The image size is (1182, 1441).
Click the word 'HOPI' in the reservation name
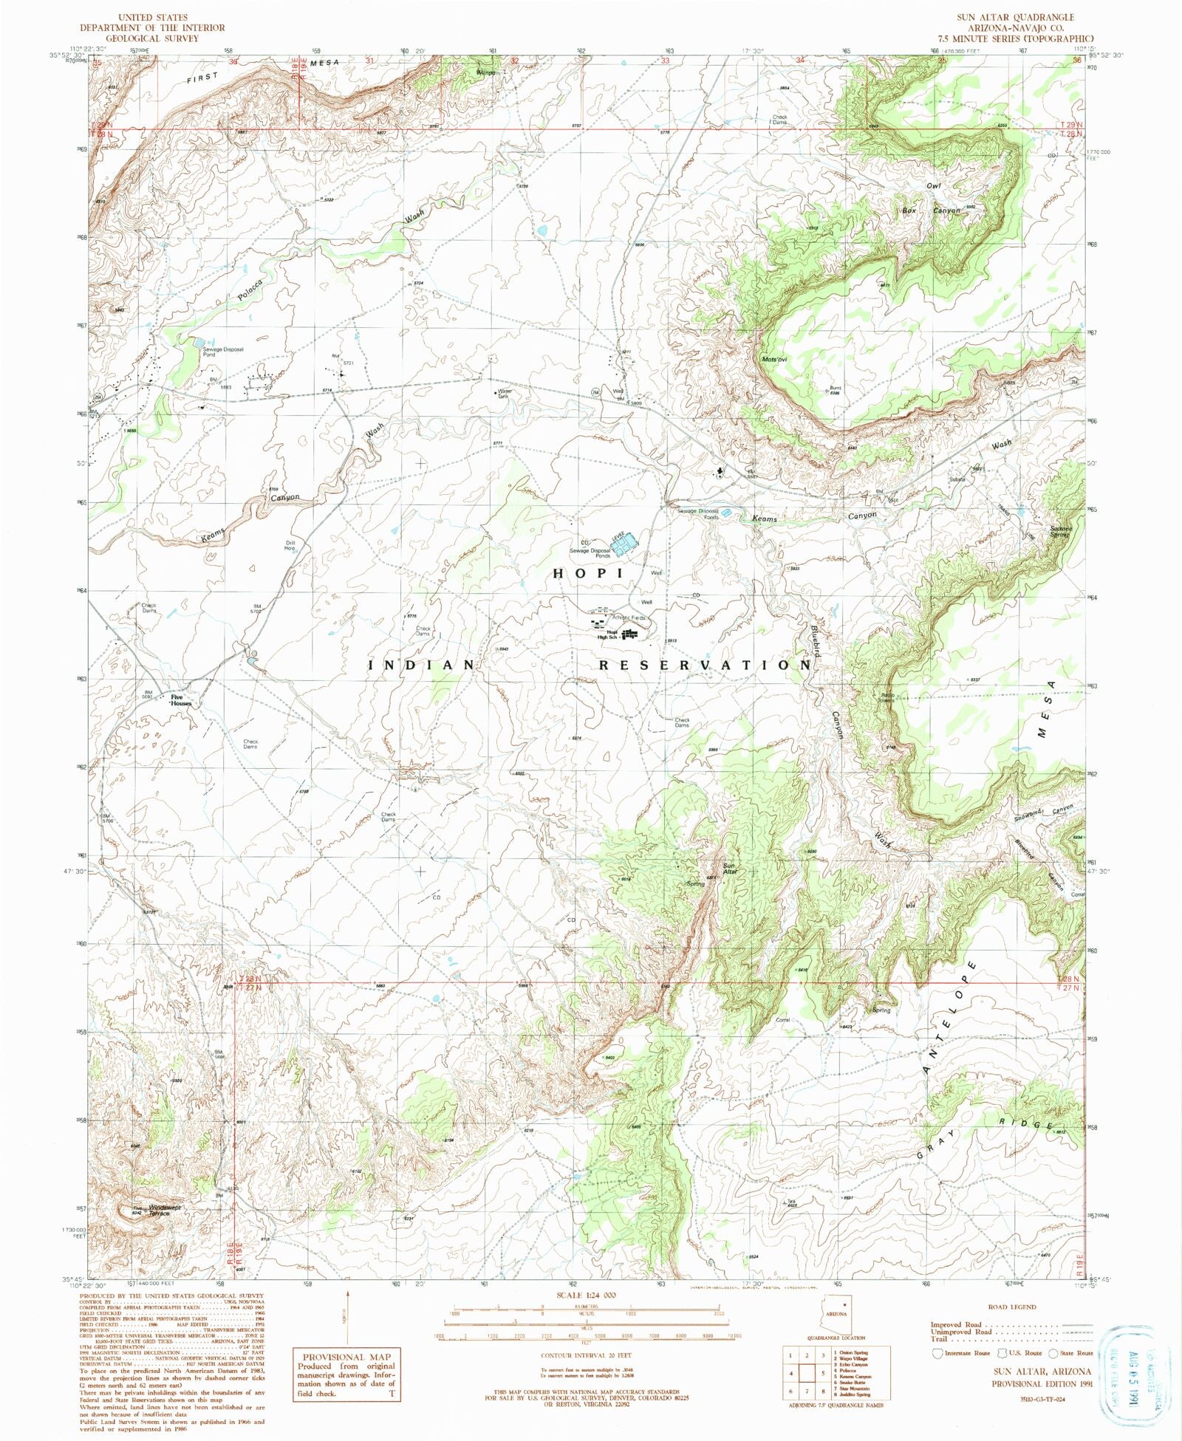[x=589, y=573]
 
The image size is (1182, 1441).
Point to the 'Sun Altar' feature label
[x=730, y=869]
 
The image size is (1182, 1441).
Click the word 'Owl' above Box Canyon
[x=935, y=186]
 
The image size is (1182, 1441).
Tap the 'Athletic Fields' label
[x=629, y=617]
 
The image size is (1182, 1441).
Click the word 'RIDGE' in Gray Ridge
[x=1028, y=1123]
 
